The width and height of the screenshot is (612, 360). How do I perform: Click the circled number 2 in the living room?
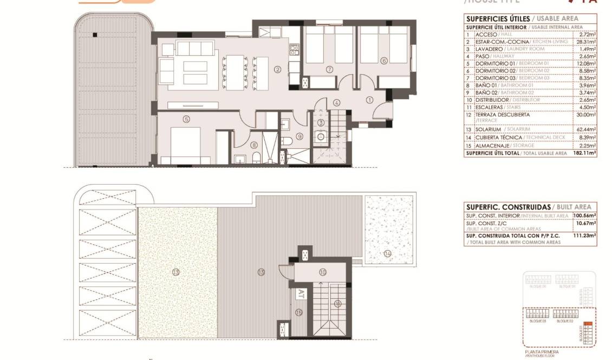tap(277, 69)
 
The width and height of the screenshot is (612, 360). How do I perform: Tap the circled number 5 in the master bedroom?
tap(186, 119)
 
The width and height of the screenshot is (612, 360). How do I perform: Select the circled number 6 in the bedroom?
tap(383, 61)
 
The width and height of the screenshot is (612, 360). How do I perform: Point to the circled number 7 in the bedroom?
tap(329, 69)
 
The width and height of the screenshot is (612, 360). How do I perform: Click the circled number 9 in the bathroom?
tap(299, 136)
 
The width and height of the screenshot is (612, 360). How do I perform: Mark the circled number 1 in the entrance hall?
tap(370, 100)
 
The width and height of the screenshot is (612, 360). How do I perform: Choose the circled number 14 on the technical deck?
tap(387, 253)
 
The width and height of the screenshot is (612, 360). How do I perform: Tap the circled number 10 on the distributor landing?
tap(322, 272)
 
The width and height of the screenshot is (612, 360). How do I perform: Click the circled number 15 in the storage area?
tap(298, 312)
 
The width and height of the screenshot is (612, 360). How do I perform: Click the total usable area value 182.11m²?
tap(584, 153)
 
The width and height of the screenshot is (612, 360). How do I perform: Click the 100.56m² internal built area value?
tap(584, 215)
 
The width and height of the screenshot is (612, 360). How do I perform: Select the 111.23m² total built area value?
tap(585, 235)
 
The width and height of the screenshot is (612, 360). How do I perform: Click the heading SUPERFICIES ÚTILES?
tap(498, 18)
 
